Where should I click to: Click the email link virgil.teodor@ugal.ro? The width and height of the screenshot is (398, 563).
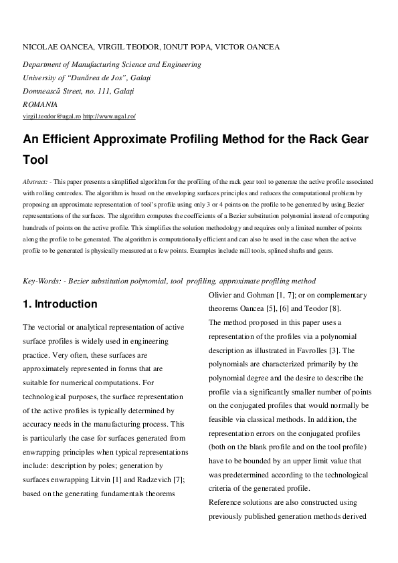52,116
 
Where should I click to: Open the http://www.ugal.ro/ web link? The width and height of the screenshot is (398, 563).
109,116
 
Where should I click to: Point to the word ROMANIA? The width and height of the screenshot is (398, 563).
40,104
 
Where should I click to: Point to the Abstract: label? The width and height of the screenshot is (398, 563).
35,182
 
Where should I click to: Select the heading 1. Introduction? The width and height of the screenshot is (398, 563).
60,304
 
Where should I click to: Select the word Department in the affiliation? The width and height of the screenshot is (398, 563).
43,65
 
